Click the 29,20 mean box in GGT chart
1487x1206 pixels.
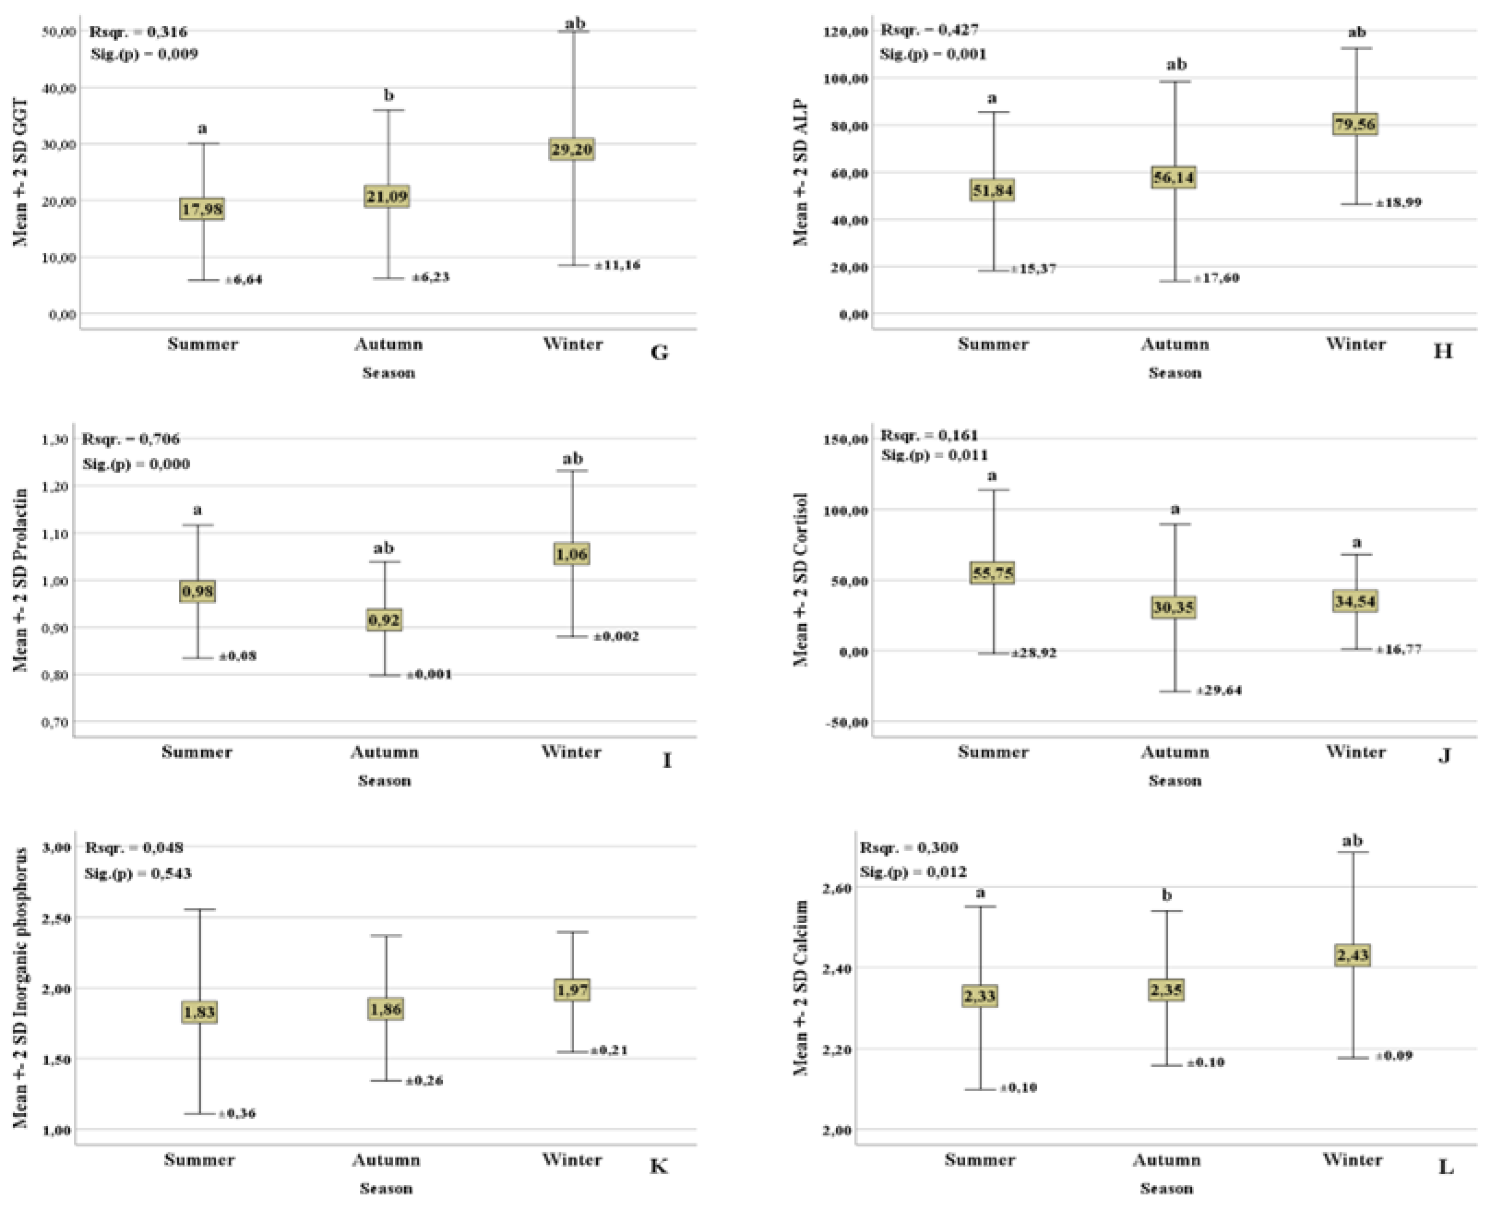coord(571,149)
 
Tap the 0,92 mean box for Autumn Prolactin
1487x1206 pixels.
coord(383,620)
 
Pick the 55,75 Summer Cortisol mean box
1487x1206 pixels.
coord(993,573)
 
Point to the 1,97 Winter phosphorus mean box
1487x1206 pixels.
coord(572,989)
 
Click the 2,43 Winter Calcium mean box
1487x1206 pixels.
coord(1352,955)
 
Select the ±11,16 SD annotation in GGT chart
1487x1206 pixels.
coord(618,265)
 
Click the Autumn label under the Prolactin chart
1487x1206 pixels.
coord(384,752)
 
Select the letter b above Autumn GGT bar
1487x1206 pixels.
coord(389,95)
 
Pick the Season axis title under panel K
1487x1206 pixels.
coord(386,1188)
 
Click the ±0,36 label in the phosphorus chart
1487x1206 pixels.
coord(237,1114)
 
